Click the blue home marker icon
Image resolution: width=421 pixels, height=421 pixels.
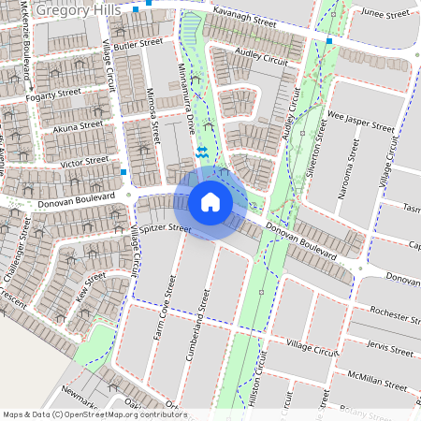(x=210, y=202)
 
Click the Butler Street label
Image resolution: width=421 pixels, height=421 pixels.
(x=138, y=43)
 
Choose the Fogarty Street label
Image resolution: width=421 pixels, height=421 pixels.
(x=55, y=94)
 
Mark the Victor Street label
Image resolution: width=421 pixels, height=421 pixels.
(x=84, y=162)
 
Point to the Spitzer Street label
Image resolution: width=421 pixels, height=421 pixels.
(x=167, y=228)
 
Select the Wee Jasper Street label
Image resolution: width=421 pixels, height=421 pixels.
(x=361, y=124)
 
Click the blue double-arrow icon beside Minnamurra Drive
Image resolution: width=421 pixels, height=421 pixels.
(x=201, y=150)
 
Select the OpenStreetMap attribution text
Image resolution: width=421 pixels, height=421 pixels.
(x=94, y=414)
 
